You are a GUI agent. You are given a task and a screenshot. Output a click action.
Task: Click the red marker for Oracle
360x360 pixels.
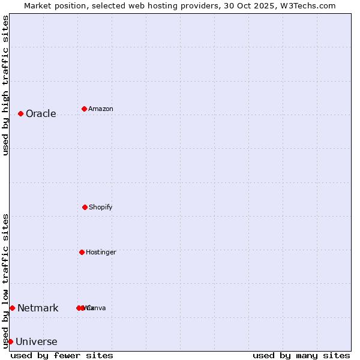tap(20, 113)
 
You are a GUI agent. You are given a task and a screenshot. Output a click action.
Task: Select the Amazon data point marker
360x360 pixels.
tap(84, 109)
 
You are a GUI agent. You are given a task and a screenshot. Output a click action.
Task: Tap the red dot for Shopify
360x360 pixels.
tap(85, 207)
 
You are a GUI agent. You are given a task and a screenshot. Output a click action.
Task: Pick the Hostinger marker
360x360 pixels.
tap(82, 252)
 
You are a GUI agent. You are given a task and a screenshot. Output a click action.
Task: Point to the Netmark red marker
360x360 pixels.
tap(12, 308)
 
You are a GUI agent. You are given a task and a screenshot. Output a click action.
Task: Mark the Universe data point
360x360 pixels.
tap(10, 341)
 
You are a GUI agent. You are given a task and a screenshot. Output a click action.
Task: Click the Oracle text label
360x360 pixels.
tap(41, 113)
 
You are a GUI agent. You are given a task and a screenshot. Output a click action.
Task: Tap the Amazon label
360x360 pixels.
tap(101, 109)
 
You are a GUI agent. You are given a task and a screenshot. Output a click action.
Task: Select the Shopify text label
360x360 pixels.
tap(101, 207)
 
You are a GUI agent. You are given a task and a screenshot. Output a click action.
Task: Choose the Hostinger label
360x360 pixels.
tap(101, 252)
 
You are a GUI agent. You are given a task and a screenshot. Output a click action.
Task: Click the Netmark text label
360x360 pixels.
tap(38, 308)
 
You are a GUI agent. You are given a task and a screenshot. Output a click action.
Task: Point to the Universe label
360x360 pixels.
tap(37, 341)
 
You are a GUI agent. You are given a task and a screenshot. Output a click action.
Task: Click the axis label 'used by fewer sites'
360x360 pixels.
tap(62, 355)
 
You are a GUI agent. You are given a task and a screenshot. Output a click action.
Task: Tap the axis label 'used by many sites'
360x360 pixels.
tap(301, 355)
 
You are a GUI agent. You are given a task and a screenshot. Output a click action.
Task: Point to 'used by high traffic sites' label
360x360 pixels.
tap(5, 85)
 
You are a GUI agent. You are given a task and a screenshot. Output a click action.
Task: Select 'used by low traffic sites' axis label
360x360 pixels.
tap(5, 281)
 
